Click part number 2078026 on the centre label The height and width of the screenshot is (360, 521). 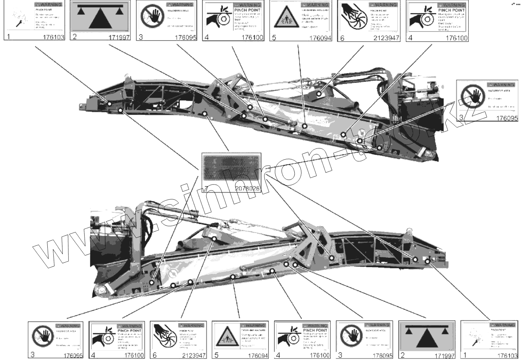pos(247,188)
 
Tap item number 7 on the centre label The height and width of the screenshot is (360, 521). pos(206,189)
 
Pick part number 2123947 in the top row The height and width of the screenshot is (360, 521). pos(386,38)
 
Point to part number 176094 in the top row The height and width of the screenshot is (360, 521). pos(320,38)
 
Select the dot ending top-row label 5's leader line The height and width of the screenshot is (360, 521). pos(305,126)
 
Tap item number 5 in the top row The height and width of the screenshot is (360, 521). pos(274,38)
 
